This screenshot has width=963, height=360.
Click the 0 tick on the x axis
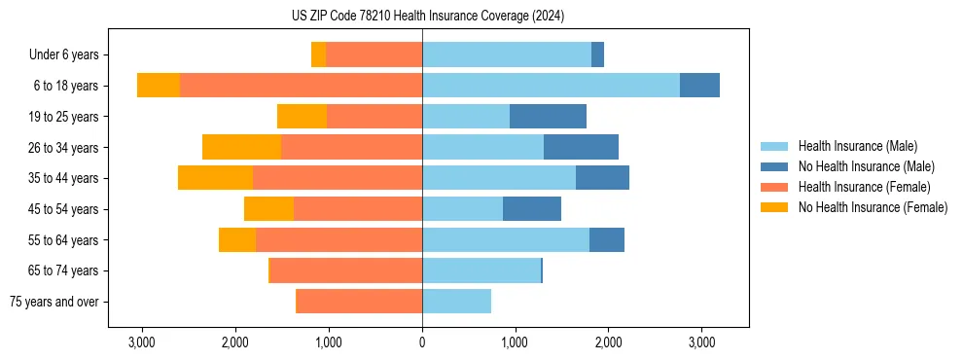coord(422,342)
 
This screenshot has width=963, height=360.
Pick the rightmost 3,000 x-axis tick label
coord(701,342)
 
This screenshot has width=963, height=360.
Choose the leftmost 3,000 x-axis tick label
coord(142,342)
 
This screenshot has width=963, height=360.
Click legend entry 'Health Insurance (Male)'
coord(857,146)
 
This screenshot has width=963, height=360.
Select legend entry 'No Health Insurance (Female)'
coord(873,207)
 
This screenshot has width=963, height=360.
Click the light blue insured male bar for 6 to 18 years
coord(551,86)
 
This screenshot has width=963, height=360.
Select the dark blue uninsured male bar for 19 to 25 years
coord(548,117)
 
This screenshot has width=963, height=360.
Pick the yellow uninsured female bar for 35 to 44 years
coord(215,178)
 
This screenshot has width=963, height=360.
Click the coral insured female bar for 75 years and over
coord(359,302)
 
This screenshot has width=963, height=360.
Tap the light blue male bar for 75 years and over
coord(456,302)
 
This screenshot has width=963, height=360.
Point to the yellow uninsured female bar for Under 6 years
coord(318,55)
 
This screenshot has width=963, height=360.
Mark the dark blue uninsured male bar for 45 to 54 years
coord(532,209)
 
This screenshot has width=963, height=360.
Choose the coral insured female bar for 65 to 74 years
coord(346,270)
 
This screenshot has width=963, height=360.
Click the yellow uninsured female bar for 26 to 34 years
coord(241,147)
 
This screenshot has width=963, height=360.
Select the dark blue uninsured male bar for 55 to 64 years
coord(607,239)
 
